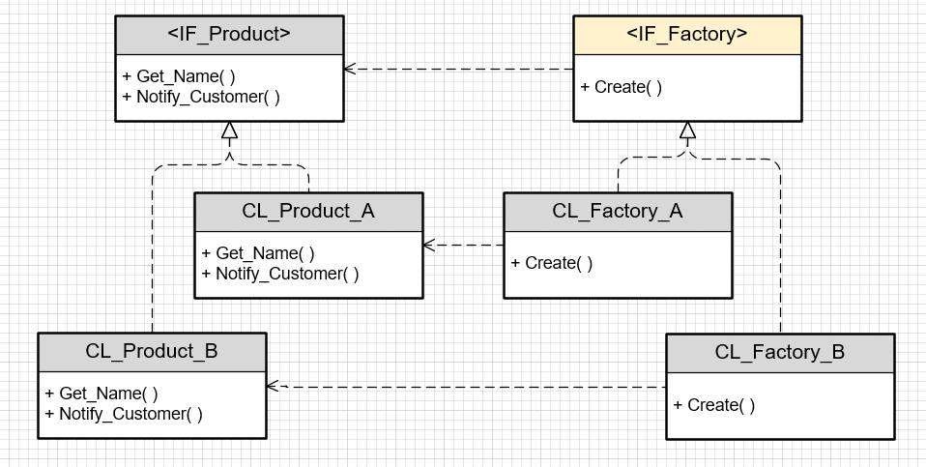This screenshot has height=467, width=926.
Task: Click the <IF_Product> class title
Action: (x=229, y=35)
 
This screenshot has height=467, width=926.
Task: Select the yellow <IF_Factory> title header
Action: (x=686, y=35)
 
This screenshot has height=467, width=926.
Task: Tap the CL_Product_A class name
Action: (x=308, y=212)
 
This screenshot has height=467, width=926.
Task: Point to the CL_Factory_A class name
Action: (x=618, y=212)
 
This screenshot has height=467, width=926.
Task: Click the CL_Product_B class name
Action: (x=152, y=352)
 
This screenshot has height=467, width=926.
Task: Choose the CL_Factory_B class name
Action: (x=780, y=353)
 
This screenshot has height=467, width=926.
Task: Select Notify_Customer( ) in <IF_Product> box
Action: (x=201, y=97)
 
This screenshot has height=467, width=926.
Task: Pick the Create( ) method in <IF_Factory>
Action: (x=622, y=87)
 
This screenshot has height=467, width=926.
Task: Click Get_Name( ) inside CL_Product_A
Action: (x=258, y=253)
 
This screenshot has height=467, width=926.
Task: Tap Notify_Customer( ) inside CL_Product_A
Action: (x=280, y=274)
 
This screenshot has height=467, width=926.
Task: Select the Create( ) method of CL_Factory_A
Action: (x=552, y=263)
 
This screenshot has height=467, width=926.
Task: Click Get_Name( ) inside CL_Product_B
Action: (x=101, y=394)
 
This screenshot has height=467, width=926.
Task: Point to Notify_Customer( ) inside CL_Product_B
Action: (x=124, y=414)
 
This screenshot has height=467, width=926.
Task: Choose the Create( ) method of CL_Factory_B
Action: (x=714, y=405)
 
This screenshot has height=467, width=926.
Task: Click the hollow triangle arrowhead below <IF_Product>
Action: (x=229, y=131)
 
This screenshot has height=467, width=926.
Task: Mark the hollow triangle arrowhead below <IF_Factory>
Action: (x=687, y=131)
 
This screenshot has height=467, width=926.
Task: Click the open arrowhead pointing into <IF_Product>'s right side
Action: (x=350, y=69)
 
